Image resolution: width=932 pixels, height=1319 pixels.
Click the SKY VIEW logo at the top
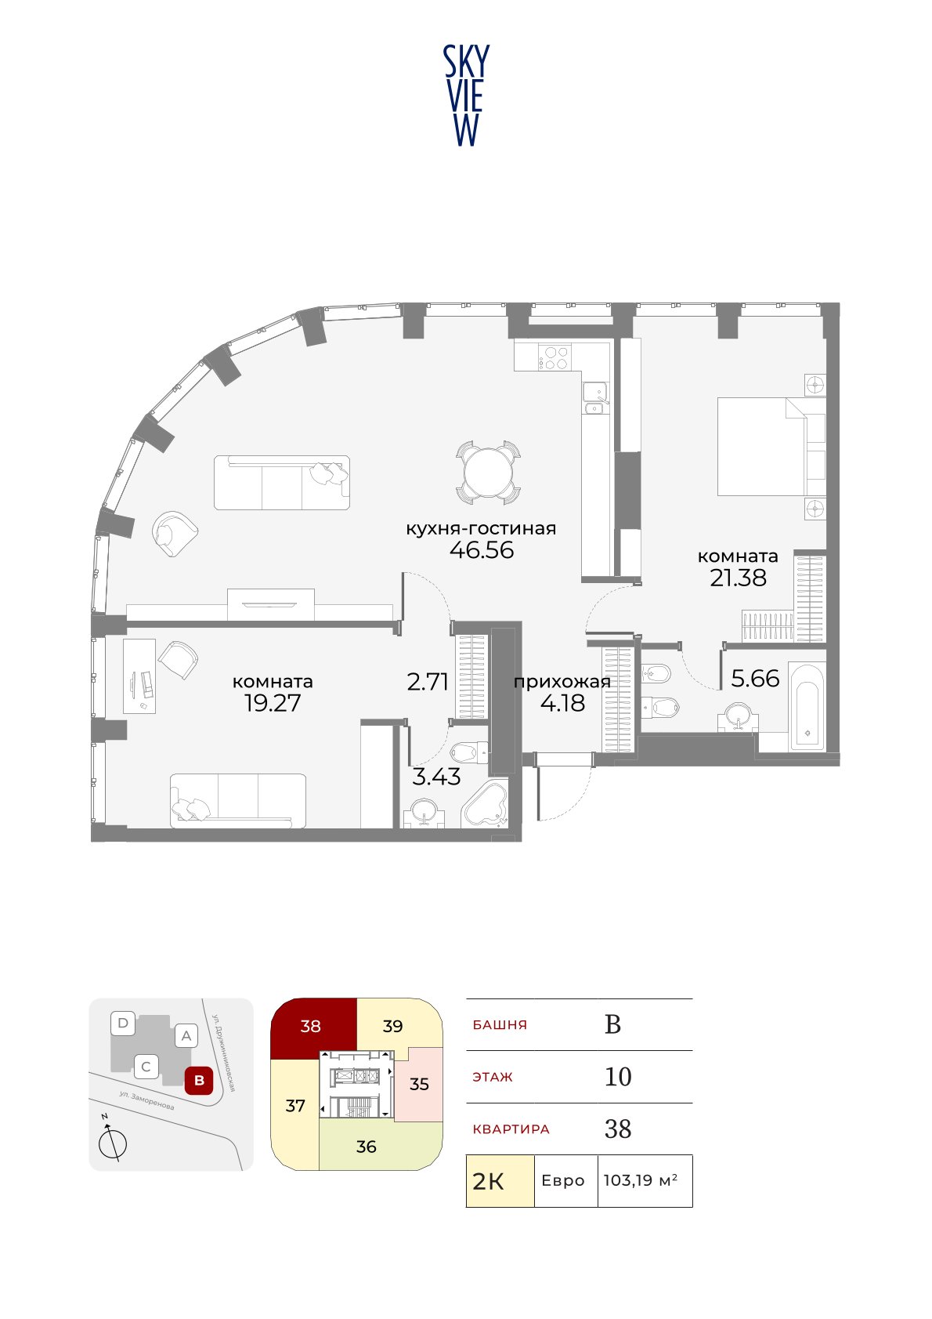[x=466, y=96]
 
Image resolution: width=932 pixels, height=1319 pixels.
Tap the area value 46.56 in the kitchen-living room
[x=482, y=550]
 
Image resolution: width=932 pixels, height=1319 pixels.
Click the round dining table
[x=489, y=473]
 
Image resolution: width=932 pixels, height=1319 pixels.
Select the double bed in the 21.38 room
[x=771, y=447]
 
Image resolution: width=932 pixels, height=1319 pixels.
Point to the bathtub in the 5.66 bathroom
[x=807, y=707]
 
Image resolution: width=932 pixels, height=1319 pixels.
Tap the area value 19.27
[x=273, y=703]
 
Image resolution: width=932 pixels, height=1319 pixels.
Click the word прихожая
[x=562, y=682]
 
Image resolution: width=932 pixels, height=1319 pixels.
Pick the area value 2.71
[x=428, y=682]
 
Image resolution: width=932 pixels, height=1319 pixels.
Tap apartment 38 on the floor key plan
[x=311, y=1027]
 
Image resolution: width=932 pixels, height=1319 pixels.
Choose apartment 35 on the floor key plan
[x=418, y=1084]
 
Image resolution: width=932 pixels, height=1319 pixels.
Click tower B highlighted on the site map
[x=199, y=1081]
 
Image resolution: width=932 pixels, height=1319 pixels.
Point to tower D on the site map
[x=123, y=1023]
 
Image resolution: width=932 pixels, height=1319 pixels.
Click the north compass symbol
[x=112, y=1144]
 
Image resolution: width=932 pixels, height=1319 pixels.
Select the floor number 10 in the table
[x=618, y=1077]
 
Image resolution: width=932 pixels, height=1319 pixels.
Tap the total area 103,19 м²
[x=640, y=1180]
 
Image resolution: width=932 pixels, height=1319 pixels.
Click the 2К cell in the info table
[x=500, y=1181]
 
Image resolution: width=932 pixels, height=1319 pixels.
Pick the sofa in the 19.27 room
[x=238, y=801]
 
